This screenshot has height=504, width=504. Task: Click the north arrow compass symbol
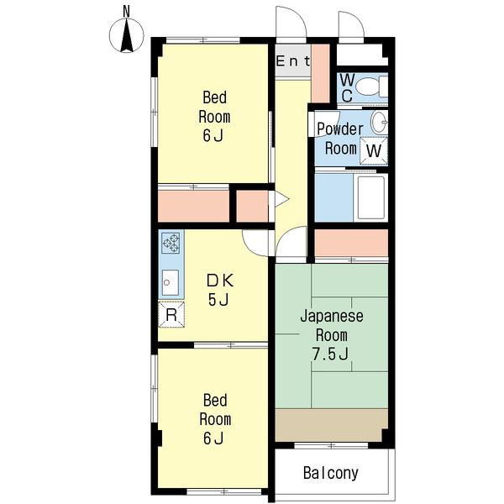click(127, 35)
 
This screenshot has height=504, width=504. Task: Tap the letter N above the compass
click(126, 12)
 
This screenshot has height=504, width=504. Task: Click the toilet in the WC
click(372, 87)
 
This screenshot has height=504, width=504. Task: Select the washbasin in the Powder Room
click(380, 122)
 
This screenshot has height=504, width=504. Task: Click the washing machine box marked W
click(374, 150)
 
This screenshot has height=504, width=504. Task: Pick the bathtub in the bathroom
click(370, 197)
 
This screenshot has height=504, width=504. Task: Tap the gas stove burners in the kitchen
click(171, 243)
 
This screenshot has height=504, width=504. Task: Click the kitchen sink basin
click(170, 282)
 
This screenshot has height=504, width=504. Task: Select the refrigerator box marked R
click(171, 315)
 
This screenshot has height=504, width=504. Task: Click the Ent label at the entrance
click(293, 61)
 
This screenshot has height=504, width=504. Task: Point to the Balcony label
click(331, 473)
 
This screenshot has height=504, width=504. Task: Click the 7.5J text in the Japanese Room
click(330, 354)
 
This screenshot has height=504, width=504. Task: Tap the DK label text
click(220, 281)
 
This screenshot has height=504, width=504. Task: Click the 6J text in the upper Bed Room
click(213, 135)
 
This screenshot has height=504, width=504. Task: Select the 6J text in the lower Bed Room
click(213, 438)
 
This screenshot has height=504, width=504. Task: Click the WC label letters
click(347, 87)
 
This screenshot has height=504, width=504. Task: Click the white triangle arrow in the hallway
click(280, 199)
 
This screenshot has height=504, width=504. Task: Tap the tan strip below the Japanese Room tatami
click(332, 425)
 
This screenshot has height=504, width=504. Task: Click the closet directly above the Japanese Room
click(351, 243)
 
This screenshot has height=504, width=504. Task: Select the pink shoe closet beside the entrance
click(320, 73)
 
